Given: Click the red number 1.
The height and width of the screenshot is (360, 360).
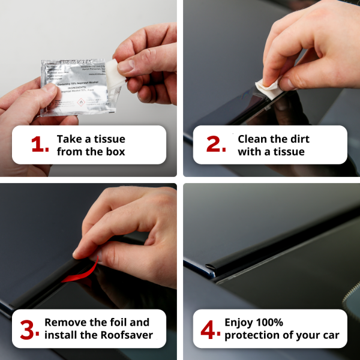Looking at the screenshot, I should (x=39, y=145).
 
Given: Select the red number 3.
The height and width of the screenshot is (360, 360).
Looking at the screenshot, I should (x=30, y=329).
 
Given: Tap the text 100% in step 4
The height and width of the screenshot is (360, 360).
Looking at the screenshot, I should (x=266, y=322).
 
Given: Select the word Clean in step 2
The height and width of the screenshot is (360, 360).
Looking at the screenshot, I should (x=252, y=139).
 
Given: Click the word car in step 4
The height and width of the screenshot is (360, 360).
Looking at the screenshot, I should (x=329, y=335).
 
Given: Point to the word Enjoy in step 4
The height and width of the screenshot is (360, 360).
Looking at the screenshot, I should (x=238, y=322).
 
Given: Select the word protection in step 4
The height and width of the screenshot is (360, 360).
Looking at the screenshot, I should (x=251, y=335).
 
